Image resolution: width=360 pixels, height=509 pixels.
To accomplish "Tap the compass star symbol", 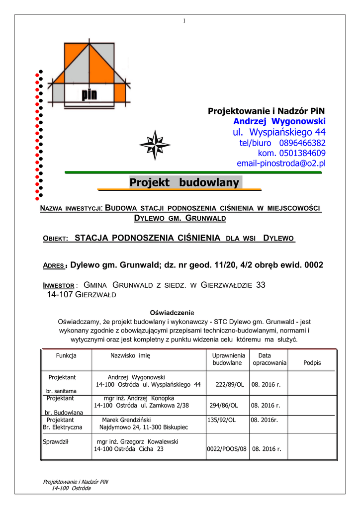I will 155,145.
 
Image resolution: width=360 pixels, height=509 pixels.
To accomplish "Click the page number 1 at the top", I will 183,20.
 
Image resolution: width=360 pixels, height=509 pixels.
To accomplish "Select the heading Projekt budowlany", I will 184,183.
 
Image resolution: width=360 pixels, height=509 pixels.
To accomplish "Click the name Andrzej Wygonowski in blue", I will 279,121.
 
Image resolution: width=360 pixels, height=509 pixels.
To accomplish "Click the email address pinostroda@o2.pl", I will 281,163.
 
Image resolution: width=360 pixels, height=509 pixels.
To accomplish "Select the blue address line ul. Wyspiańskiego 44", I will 279,132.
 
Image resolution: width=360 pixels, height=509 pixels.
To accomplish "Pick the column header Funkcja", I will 66,355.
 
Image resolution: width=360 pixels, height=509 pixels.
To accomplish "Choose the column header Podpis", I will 312,363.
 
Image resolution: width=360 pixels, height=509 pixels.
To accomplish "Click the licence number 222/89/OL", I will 230,384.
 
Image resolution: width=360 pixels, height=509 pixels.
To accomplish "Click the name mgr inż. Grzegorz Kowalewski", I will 137,441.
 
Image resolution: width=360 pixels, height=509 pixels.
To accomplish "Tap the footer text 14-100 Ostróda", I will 71,488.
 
